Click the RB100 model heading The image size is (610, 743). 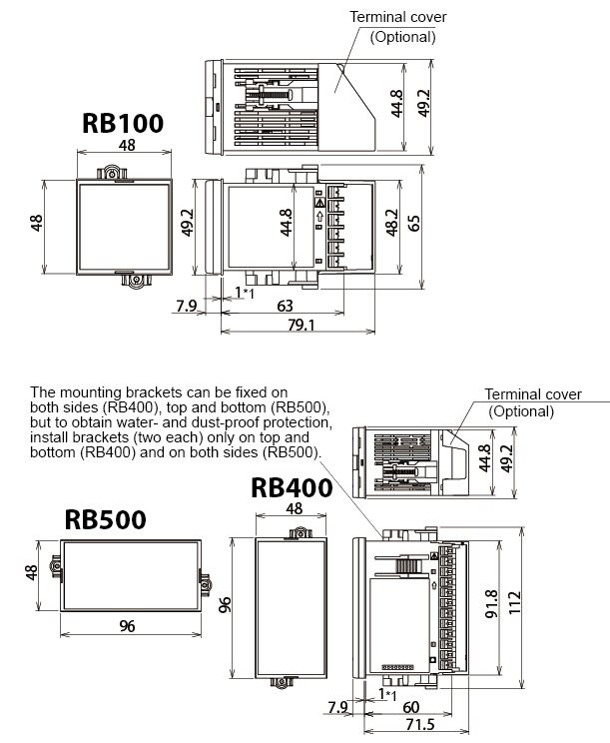(x=123, y=123)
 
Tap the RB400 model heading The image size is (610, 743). (x=292, y=487)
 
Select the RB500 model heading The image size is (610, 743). (x=105, y=519)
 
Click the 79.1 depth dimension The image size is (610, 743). (x=302, y=326)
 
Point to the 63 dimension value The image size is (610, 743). (x=285, y=306)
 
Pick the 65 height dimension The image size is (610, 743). (x=413, y=223)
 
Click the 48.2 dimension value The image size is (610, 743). (x=392, y=223)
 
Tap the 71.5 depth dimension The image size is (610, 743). (x=420, y=724)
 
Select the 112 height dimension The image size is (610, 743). (x=514, y=603)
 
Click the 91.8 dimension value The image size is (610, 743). (x=492, y=603)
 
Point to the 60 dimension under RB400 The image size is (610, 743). (x=410, y=707)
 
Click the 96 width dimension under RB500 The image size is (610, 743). (x=127, y=626)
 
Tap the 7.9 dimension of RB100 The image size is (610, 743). (x=186, y=306)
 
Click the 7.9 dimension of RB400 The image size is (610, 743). (x=337, y=707)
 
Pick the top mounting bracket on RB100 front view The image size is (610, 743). (x=113, y=173)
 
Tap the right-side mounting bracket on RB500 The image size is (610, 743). (x=205, y=583)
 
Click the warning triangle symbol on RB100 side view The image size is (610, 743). (x=320, y=203)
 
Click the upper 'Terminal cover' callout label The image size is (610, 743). (x=398, y=17)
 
